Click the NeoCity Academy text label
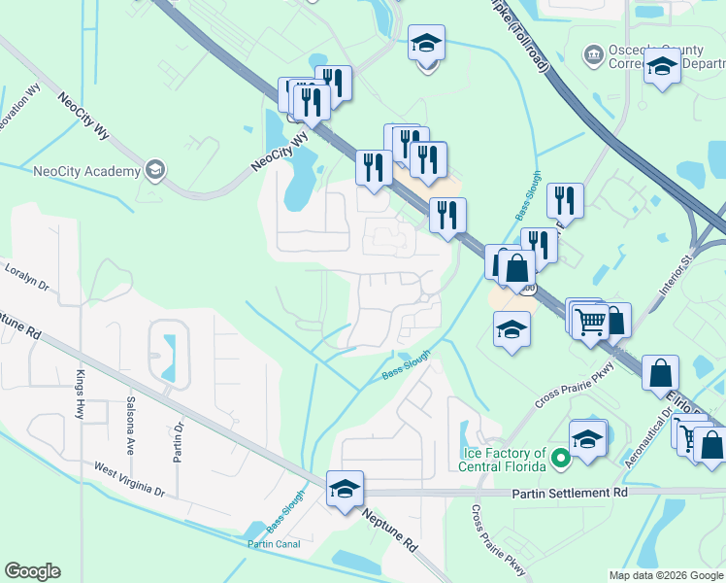click(x=86, y=172)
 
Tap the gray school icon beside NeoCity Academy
click(x=154, y=172)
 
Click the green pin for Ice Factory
click(x=559, y=457)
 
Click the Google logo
click(x=32, y=571)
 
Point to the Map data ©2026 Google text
click(x=665, y=575)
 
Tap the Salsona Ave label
click(x=129, y=426)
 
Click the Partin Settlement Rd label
click(x=570, y=493)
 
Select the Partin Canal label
click(x=273, y=544)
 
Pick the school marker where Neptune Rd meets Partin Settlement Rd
click(x=345, y=489)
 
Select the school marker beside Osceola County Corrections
click(x=663, y=67)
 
